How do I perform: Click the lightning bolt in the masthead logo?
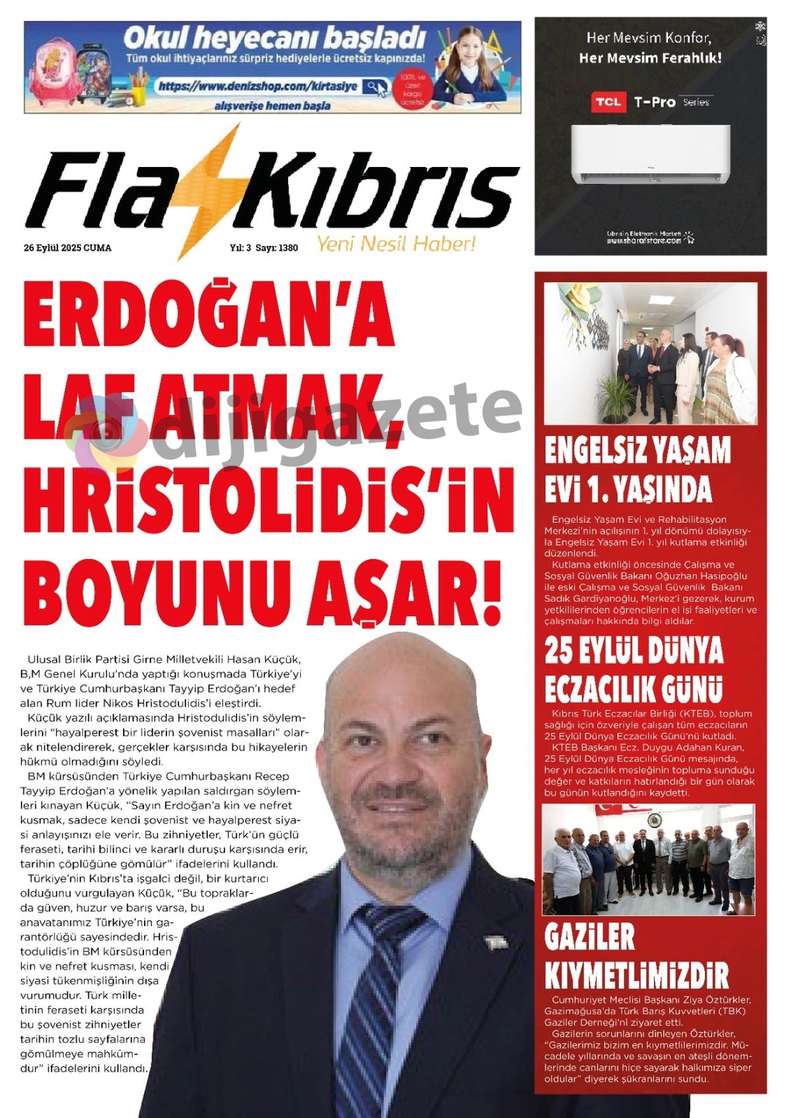[209, 191]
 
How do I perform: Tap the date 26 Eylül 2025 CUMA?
[67, 248]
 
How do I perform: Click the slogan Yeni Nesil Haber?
[395, 244]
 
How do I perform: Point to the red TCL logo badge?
[607, 102]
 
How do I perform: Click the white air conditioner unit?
[650, 154]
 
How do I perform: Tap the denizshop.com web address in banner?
[258, 86]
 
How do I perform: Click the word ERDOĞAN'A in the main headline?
[209, 314]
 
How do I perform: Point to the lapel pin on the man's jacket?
[496, 942]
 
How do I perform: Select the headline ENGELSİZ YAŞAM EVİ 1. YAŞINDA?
[636, 469]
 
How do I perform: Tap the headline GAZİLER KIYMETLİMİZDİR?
[636, 957]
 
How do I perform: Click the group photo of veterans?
[648, 859]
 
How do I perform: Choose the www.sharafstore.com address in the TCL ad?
[644, 241]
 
